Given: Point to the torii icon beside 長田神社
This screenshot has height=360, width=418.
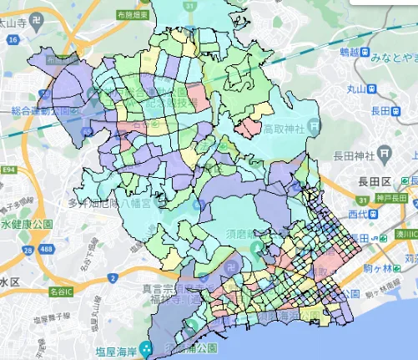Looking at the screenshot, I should click(x=383, y=153).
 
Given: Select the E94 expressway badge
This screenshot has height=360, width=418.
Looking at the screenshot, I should click(x=9, y=170).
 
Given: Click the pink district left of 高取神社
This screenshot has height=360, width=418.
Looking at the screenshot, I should click(x=249, y=128).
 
